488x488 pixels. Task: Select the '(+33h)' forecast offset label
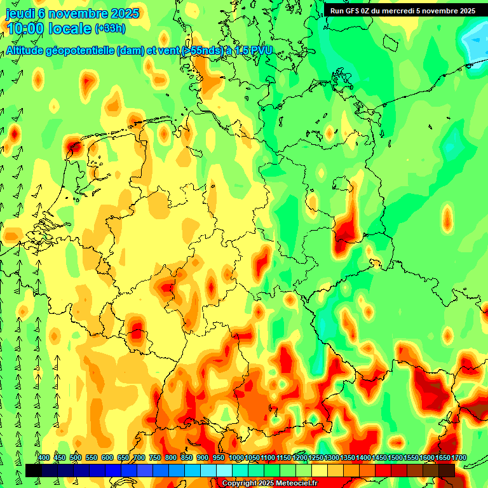110,29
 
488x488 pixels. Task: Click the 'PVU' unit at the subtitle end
260,50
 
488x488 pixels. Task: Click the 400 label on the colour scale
44,457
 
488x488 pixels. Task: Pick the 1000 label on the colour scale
236,457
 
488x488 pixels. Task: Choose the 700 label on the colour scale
139,457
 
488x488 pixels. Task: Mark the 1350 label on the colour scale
348,457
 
